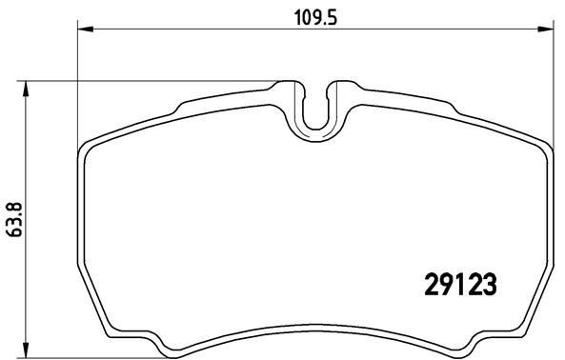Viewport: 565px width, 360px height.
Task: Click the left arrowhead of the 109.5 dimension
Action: tap(81, 31)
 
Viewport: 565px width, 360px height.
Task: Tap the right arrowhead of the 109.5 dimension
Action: tap(547, 31)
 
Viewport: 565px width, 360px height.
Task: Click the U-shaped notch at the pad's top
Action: tap(314, 110)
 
